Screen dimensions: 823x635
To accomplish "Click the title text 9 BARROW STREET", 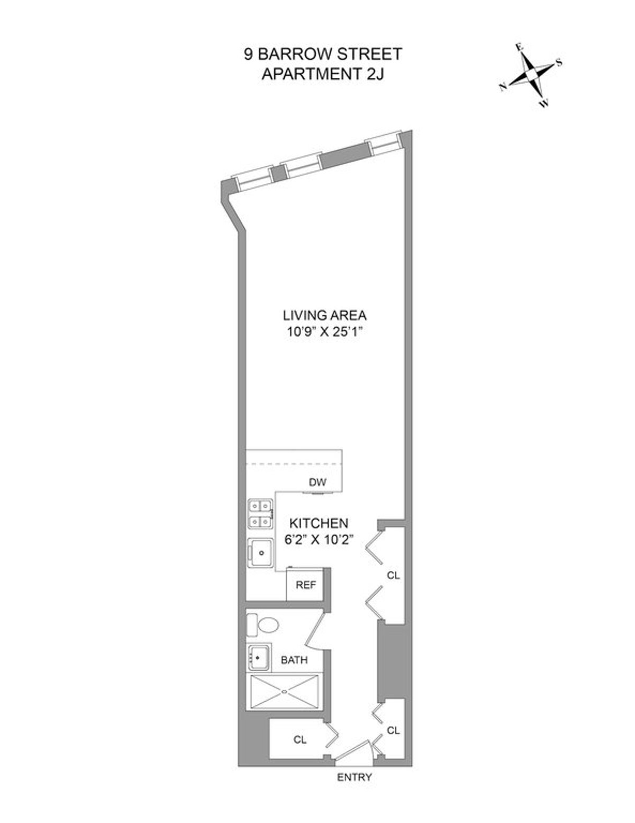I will point(323,55).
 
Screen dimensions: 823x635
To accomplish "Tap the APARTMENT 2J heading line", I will point(323,74).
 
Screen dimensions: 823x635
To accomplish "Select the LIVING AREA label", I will point(324,315).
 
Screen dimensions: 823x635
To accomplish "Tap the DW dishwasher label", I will point(317,482).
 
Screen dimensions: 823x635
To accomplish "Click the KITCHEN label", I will point(318,523).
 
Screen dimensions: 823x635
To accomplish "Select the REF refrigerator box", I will point(305,585).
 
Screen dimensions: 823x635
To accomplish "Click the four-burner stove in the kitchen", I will point(261,514).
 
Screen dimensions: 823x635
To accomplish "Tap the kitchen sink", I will point(261,552).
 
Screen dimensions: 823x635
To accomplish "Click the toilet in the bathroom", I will point(263,625).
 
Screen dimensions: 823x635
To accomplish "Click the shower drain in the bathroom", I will point(285,691).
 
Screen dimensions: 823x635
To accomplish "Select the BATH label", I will point(294,660).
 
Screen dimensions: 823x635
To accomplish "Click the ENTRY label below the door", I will point(354,777).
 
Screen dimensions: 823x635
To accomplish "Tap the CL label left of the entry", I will point(300,740).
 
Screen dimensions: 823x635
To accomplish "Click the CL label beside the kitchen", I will point(393,575).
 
